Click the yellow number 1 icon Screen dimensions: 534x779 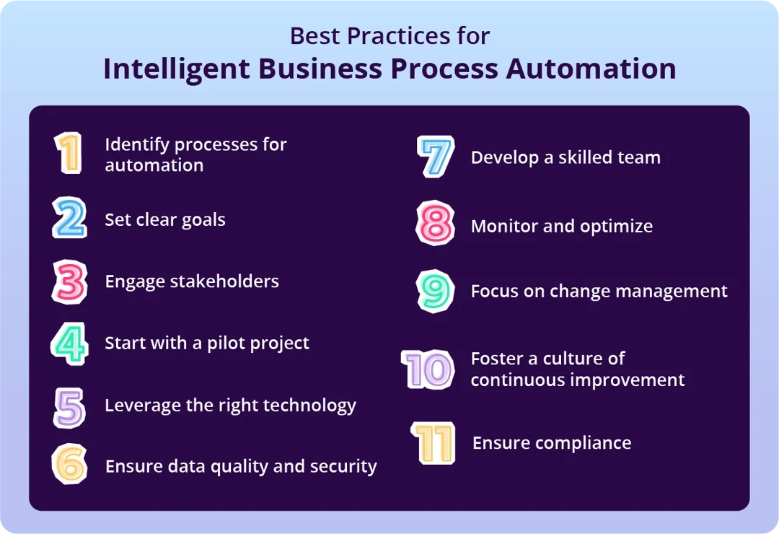click(69, 153)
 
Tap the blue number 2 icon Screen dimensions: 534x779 click(70, 219)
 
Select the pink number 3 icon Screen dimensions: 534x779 click(70, 281)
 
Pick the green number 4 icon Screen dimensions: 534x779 click(70, 343)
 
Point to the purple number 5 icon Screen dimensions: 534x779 click(70, 406)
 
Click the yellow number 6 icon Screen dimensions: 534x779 click(70, 465)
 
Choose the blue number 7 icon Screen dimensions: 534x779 click(436, 157)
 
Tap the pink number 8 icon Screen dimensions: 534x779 click(436, 224)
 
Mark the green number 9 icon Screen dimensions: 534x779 click(436, 291)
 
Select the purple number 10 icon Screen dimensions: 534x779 click(428, 369)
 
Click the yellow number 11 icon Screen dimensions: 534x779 click(433, 442)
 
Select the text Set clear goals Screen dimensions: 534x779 click(165, 219)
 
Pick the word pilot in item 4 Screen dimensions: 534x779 click(230, 343)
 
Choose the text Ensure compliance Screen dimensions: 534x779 click(552, 442)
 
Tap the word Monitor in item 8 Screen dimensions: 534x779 click(502, 226)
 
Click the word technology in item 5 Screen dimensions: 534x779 click(312, 406)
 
